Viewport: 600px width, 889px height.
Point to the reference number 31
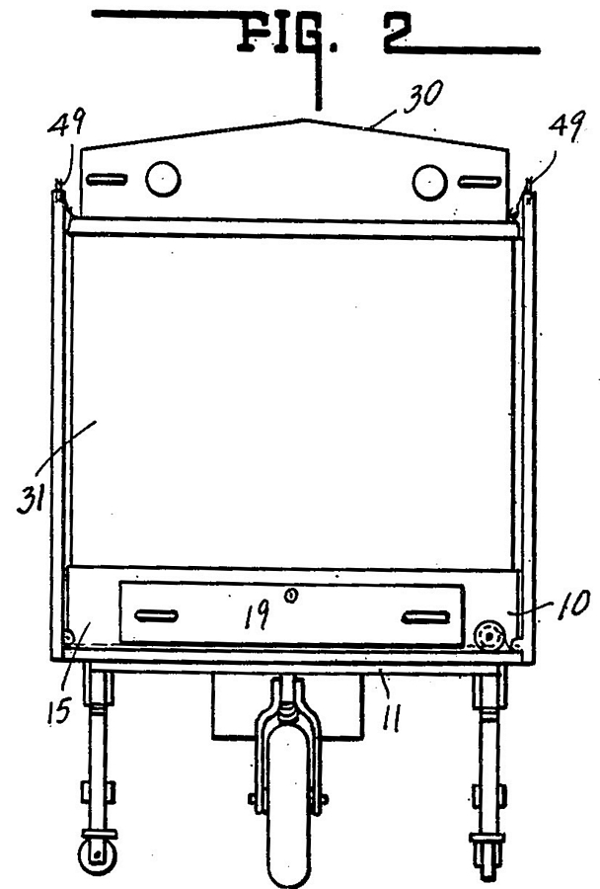click(32, 500)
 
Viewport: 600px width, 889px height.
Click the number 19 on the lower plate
click(257, 615)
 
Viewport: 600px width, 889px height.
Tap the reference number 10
click(573, 604)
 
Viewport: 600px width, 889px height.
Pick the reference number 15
click(59, 710)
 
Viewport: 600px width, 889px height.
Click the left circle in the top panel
click(163, 179)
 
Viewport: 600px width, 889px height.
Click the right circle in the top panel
click(429, 183)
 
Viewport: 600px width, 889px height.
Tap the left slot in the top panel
click(107, 180)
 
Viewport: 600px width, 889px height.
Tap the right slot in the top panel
click(481, 182)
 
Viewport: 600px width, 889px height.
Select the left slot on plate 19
click(156, 615)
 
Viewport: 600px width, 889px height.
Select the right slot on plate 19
click(426, 616)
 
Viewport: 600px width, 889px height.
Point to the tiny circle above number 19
click(291, 596)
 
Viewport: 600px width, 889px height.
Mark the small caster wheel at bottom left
click(97, 856)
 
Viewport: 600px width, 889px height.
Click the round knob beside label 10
click(489, 637)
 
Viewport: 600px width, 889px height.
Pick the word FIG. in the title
click(288, 36)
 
